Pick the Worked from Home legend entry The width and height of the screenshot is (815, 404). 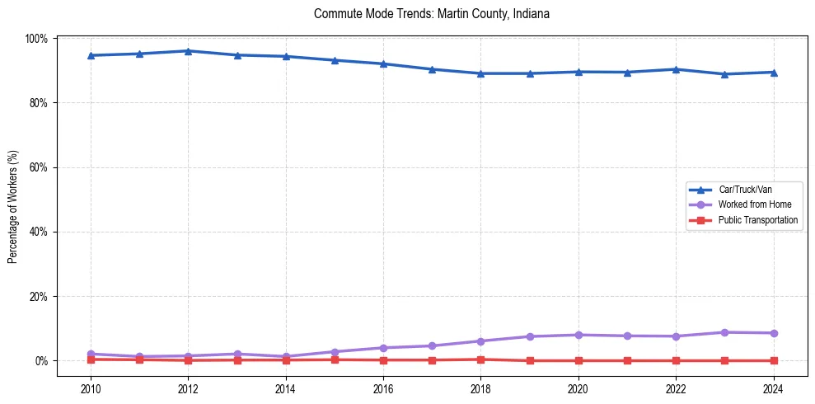(x=750, y=204)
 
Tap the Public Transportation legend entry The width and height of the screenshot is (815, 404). (x=757, y=220)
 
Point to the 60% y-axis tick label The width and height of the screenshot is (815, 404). (x=38, y=167)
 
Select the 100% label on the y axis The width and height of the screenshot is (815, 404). (x=36, y=39)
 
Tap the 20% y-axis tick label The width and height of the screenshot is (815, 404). (x=38, y=296)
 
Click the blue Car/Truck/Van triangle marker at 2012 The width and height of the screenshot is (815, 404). (x=188, y=51)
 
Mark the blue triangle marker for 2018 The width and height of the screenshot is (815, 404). (x=480, y=73)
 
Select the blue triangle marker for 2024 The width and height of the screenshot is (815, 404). (x=773, y=72)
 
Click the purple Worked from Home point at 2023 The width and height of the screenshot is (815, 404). (x=724, y=332)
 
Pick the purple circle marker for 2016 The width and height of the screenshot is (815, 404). (x=383, y=348)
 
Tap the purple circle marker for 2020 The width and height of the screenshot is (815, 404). (x=578, y=335)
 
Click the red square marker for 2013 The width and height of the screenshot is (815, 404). (x=237, y=359)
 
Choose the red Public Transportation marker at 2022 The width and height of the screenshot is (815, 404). (x=676, y=360)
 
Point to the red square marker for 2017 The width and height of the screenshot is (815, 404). (x=432, y=359)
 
